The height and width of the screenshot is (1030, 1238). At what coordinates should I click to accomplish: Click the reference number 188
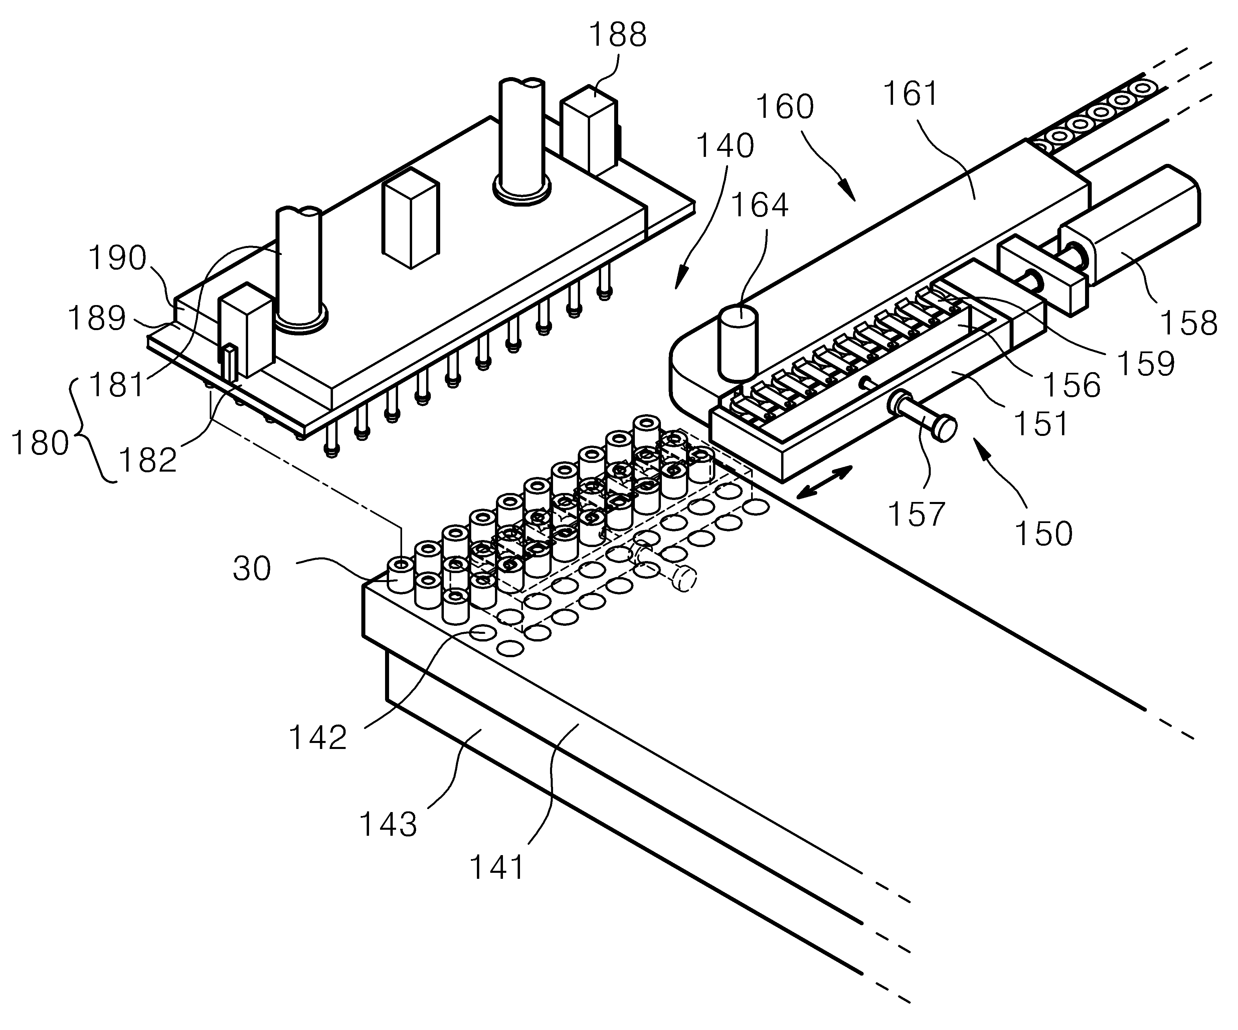[x=618, y=35]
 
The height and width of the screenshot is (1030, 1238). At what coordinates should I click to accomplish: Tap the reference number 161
[x=911, y=94]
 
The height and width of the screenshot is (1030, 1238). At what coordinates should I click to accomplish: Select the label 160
[x=785, y=107]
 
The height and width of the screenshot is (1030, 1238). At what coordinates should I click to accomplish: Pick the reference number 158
[x=1189, y=323]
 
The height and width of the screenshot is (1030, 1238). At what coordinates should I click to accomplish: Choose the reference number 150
[x=1043, y=534]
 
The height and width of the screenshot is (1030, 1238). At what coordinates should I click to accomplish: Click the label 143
[x=388, y=824]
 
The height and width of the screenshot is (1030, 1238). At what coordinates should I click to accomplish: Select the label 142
[x=317, y=737]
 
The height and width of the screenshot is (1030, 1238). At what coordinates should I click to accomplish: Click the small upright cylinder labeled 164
[x=737, y=342]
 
